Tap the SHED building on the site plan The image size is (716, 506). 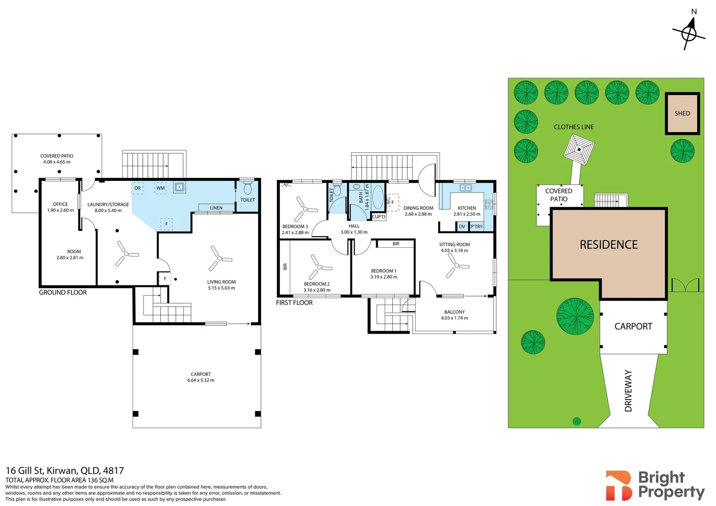[682, 113]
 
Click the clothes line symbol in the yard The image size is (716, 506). [579, 149]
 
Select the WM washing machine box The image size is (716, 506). [160, 188]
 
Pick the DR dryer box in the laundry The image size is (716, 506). [137, 188]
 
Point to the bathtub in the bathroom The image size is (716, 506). [378, 198]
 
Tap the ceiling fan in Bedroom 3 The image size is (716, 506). [305, 209]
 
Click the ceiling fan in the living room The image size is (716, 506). [220, 258]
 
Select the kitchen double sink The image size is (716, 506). [466, 187]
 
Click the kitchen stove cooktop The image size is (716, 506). [489, 204]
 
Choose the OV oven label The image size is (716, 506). [462, 226]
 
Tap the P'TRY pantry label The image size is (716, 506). [477, 226]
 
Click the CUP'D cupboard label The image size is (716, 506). [379, 217]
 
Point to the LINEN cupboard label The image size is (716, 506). [216, 208]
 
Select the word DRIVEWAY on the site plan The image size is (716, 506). [628, 391]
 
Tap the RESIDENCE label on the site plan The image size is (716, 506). [609, 245]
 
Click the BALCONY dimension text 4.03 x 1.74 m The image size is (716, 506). [454, 318]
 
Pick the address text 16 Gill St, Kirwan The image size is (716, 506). [42, 470]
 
